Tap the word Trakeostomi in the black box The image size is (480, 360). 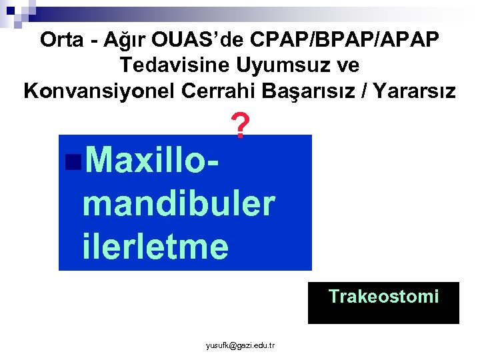(x=383, y=296)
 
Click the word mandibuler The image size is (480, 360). (x=179, y=203)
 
